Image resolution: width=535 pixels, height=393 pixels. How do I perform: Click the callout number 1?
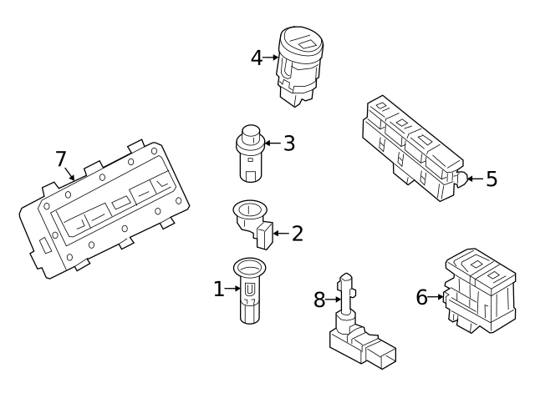[219, 290]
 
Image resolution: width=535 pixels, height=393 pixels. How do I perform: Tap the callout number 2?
[296, 234]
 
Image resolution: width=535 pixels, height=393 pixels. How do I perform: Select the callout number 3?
[288, 144]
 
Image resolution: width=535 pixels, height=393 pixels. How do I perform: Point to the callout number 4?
[257, 58]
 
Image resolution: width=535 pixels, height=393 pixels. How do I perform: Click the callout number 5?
[491, 179]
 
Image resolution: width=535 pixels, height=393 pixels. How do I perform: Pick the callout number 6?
[422, 295]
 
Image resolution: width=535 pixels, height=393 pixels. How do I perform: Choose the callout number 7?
[60, 159]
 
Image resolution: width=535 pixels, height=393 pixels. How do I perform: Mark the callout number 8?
[319, 300]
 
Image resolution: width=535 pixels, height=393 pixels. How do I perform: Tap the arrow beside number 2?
[280, 234]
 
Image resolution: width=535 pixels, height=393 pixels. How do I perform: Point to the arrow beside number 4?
[271, 58]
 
